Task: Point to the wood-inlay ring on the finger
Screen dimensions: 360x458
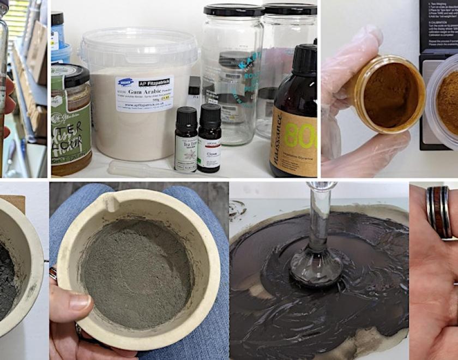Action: point(438,213)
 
